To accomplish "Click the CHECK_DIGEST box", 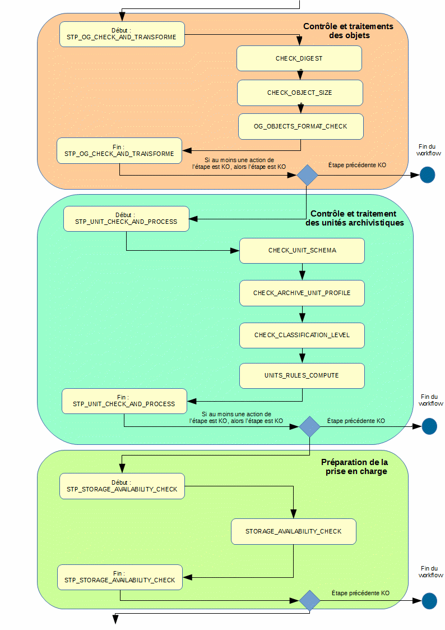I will coord(299,58).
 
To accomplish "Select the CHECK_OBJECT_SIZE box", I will coord(300,93).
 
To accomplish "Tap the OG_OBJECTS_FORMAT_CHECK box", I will coord(300,126).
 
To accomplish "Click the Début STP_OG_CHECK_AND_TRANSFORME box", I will coord(122,34).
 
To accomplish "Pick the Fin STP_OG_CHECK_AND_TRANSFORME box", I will coord(119,150).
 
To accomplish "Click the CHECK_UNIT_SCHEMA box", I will coord(302,250).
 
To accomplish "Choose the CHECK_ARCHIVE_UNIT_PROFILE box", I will coord(302,293).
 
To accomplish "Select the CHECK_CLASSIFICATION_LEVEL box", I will coord(302,335).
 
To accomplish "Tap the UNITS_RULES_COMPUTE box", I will coord(302,375).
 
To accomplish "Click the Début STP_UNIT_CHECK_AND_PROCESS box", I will coord(126,218).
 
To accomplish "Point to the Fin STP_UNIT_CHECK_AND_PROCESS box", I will coord(124,401).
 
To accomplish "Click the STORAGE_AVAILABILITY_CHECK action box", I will coord(293,531).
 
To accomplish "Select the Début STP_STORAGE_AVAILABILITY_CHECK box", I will coord(122,486).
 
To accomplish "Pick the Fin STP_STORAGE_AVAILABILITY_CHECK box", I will coord(120,577).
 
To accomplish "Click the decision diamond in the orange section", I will coord(307,175).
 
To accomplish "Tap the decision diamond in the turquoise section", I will coord(309,426).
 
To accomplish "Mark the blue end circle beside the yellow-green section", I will coord(429,601).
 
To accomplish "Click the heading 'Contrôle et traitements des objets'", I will coord(348,31).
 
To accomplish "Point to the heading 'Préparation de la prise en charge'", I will coord(354,467).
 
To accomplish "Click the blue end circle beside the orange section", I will coord(427,175).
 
